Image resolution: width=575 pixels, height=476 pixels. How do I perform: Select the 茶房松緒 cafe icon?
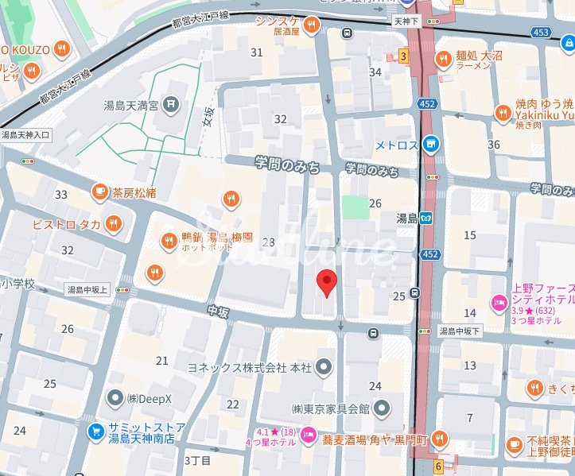pos(99,191)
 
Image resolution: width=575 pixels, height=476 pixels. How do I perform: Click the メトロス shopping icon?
pos(430,144)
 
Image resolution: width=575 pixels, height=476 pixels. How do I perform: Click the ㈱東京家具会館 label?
pos(330,409)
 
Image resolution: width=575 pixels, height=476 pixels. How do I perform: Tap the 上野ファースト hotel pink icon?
pos(499,302)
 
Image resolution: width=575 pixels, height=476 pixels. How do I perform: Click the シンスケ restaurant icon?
pos(313,25)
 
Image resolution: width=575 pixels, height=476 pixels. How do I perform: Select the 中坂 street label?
pos(218,312)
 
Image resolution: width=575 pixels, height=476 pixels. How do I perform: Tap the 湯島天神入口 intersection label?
pos(25,135)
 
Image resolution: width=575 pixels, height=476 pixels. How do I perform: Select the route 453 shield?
pos(542,32)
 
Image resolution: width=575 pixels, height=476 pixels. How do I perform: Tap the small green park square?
pos(355,207)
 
